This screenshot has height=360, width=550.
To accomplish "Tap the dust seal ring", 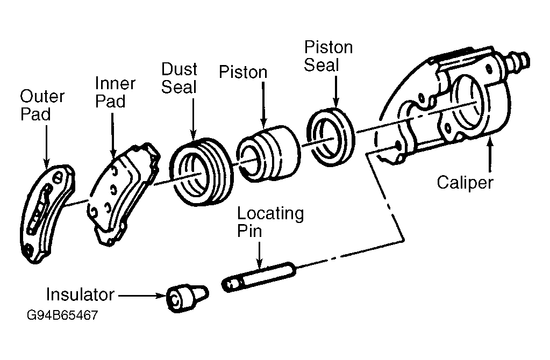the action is tap(202, 172).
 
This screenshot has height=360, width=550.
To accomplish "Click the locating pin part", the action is tap(259, 277).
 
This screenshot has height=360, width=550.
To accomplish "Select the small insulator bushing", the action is tap(187, 298).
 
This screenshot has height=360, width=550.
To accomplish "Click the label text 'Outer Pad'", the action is tap(42, 105).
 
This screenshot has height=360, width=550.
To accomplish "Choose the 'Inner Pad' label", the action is tap(115, 92).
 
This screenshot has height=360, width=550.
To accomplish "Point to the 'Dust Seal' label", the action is tap(179, 78).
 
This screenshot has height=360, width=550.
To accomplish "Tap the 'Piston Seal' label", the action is tap(328, 56).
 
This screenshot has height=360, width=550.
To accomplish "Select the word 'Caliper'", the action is tap(465, 183).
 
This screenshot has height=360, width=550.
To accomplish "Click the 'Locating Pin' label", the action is tap(270, 222).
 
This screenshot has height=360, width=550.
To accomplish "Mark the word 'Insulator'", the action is tap(80, 294).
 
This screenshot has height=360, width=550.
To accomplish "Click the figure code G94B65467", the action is tap(62, 315).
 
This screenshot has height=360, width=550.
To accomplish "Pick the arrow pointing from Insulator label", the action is tap(142, 296).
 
